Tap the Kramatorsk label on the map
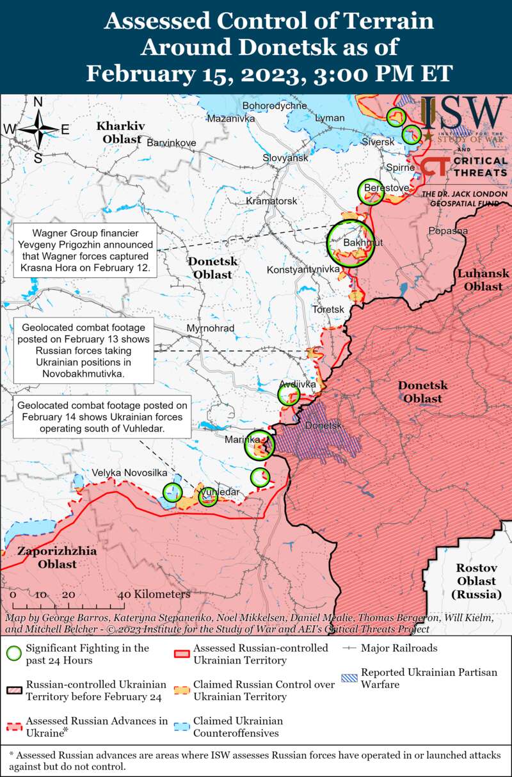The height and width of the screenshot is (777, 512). click(272, 201)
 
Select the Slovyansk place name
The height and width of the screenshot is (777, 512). click(285, 157)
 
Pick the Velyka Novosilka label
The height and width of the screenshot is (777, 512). click(129, 472)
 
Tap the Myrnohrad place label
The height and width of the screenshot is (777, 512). click(210, 328)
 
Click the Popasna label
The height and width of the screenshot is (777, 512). click(448, 230)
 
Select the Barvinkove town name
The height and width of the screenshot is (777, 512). click(172, 143)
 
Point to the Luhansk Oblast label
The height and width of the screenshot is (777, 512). click(483, 280)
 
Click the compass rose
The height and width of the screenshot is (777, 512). click(38, 129)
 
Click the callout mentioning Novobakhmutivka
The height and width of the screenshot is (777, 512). click(84, 351)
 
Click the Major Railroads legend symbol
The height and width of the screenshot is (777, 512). click(349, 648)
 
